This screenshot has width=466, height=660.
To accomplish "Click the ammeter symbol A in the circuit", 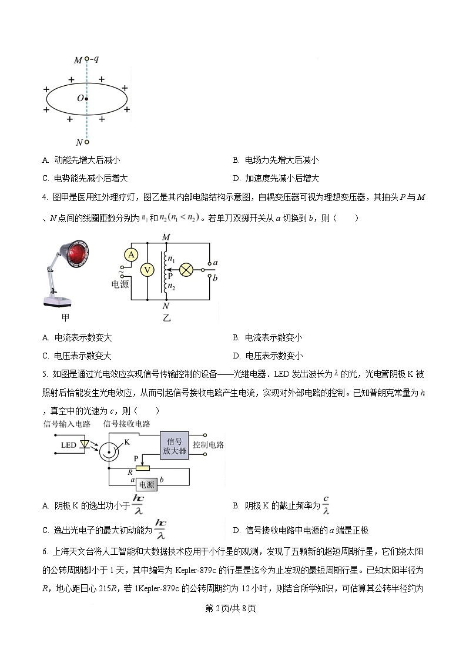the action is point(132,254).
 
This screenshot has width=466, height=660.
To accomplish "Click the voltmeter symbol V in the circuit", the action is point(148,270).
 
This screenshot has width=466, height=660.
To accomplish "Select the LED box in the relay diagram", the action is point(69,445).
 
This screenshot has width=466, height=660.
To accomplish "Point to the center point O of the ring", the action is point(86,99).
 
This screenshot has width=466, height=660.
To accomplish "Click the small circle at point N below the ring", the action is point(86,142).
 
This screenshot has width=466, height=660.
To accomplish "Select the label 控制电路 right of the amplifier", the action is point(208,445).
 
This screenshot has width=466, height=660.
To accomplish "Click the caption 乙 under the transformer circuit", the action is point(166,317).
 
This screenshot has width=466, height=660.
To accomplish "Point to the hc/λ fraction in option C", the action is point(160,529).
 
